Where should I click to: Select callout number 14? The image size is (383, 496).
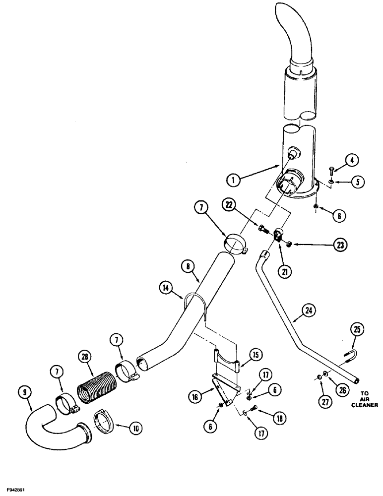pos(167,287)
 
